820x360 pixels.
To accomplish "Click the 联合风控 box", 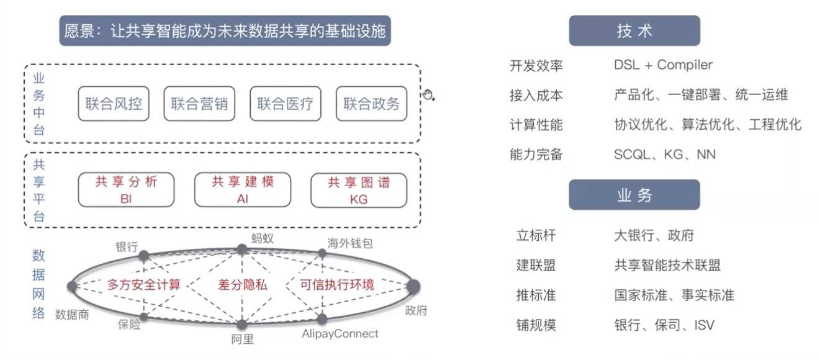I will pos(114,104).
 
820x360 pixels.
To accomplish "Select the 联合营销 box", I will pos(200,104).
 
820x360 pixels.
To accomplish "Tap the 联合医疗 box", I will pos(286,104).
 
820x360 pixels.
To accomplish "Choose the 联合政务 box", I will pos(371,104).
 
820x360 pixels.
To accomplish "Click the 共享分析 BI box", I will pos(126,190).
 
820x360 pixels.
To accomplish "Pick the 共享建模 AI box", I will pos(243,190).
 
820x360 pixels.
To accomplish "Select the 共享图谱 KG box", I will pos(359,190).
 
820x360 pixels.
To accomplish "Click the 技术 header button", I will pos(634,31).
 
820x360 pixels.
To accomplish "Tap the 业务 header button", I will pos(634,195).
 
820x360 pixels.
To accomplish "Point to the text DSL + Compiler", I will pos(663,65).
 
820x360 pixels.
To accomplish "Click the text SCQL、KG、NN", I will pos(664,155).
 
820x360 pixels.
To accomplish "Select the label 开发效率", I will pos(536,65).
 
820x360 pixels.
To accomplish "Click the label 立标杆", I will pos(536,236).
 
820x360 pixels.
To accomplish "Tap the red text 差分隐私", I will pos(243,285).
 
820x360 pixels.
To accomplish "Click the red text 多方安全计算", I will pos(144,285).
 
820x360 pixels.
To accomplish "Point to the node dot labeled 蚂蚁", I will pos(242,250).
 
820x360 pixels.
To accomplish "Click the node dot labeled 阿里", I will pos(242,325).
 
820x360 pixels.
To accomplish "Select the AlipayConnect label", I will pos(340,334).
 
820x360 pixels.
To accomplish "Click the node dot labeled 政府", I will pos(413,286).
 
